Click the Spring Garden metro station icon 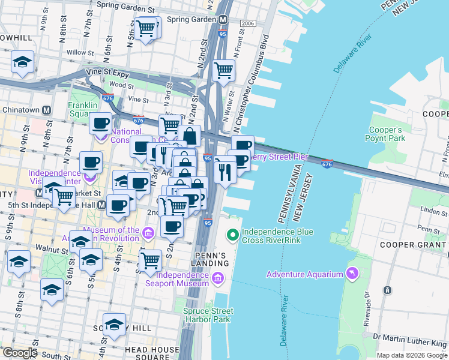223,19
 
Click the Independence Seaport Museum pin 217,278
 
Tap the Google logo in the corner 19,353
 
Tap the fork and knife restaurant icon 224,172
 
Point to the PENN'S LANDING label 209,259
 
